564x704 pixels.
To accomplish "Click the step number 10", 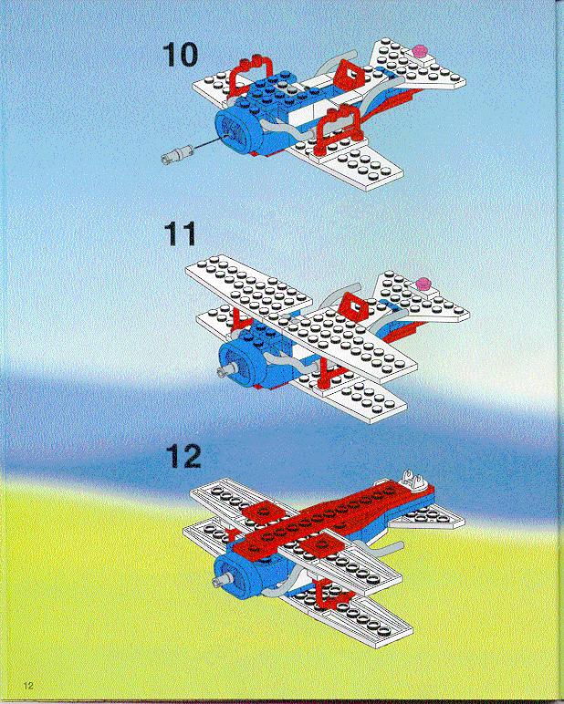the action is tap(180, 55).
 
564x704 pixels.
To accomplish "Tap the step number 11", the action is tap(180, 233).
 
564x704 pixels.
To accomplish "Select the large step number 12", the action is tap(183, 456).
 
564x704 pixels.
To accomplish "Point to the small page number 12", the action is tap(28, 686).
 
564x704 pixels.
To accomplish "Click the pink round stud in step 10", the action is tap(421, 51).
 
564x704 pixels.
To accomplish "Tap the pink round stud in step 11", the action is tap(423, 284).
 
